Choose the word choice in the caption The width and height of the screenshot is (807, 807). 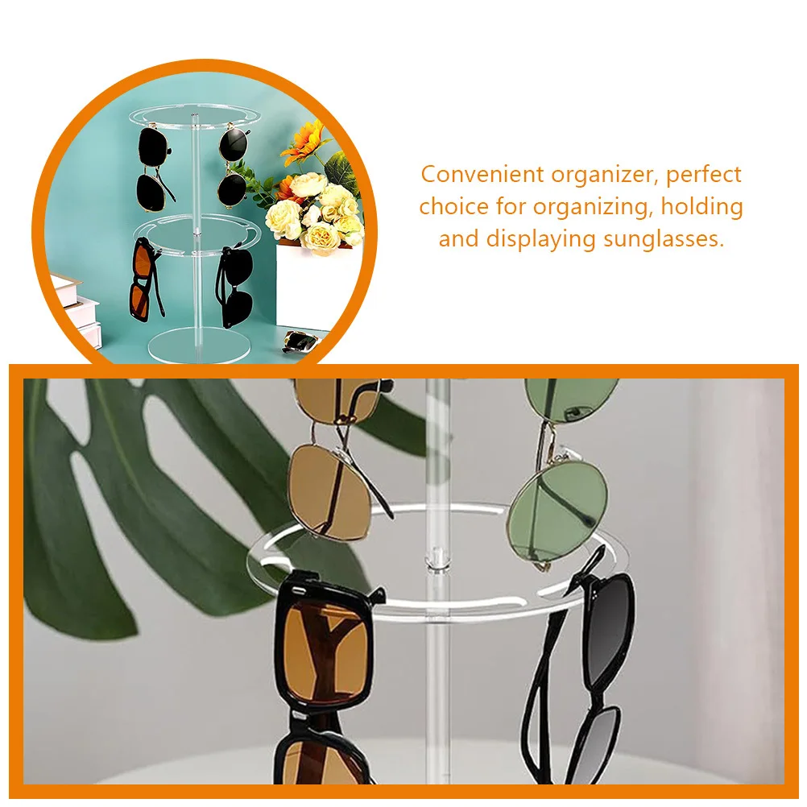(453, 207)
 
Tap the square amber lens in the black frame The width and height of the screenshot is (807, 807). (325, 652)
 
